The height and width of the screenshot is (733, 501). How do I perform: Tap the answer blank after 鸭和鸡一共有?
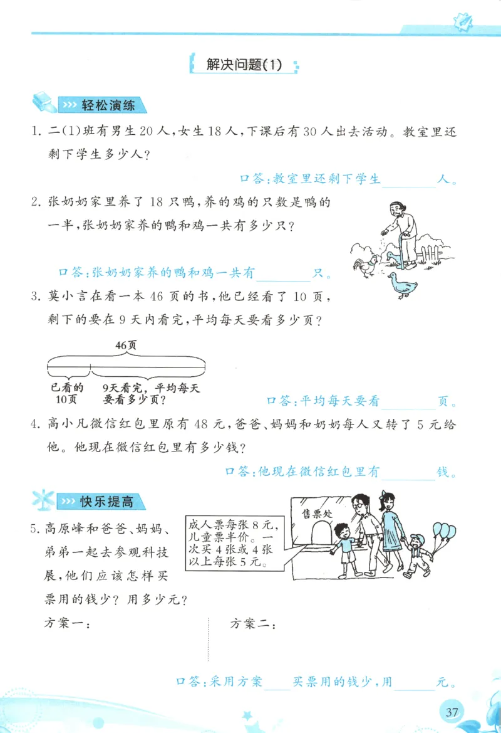click(284, 273)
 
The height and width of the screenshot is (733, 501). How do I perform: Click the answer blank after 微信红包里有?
click(408, 473)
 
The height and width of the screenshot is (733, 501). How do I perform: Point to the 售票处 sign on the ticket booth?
click(317, 514)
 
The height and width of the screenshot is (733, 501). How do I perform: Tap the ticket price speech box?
click(233, 541)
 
